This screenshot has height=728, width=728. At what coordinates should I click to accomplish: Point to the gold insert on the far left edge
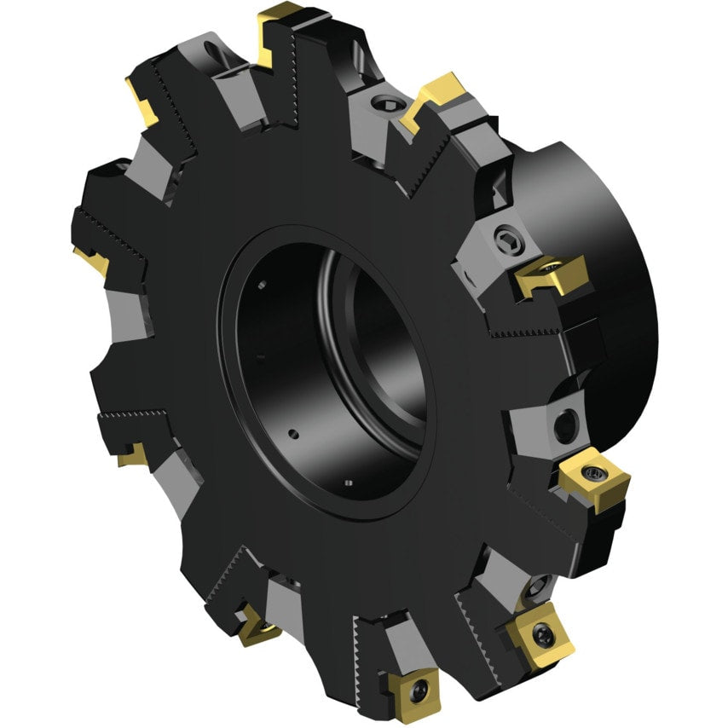coord(91,258)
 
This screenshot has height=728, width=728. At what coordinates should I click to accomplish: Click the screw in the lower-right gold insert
coord(542,632)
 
